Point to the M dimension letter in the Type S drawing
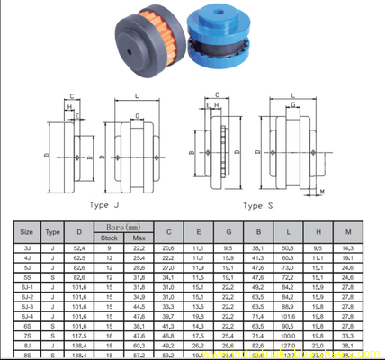click(x=323, y=192)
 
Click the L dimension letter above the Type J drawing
click(x=136, y=94)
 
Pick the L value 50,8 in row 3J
click(x=288, y=247)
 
